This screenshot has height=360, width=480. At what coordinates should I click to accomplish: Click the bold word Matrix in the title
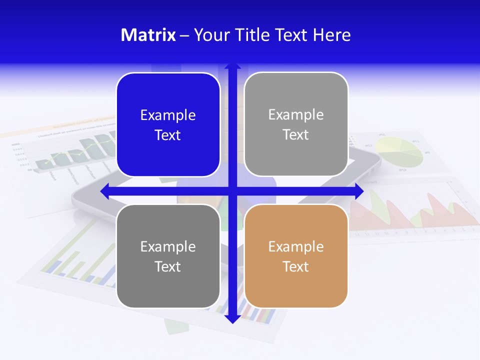point(148,35)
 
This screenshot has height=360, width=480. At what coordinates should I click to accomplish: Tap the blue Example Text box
point(168,125)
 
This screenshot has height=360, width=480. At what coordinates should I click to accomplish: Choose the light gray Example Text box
point(296,124)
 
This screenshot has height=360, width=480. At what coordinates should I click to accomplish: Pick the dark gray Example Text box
point(168,256)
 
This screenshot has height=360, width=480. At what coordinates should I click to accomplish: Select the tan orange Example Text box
point(296,256)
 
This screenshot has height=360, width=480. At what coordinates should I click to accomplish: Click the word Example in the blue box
point(168,115)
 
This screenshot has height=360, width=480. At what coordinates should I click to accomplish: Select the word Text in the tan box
point(296,266)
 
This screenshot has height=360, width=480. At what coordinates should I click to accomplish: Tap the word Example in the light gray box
point(296,115)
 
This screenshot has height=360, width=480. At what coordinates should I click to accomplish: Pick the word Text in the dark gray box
point(168,266)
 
